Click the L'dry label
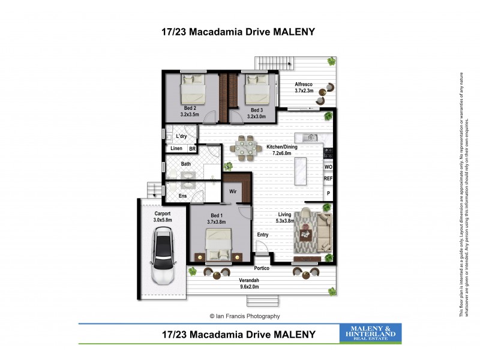[x=182, y=136]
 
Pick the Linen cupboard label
[x=176, y=149]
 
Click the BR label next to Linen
[x=193, y=149]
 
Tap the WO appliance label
[x=328, y=167]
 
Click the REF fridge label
[x=328, y=179]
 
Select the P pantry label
[x=328, y=193]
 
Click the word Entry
[x=263, y=235]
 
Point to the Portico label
[x=262, y=268]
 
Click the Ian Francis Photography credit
[x=244, y=316]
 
